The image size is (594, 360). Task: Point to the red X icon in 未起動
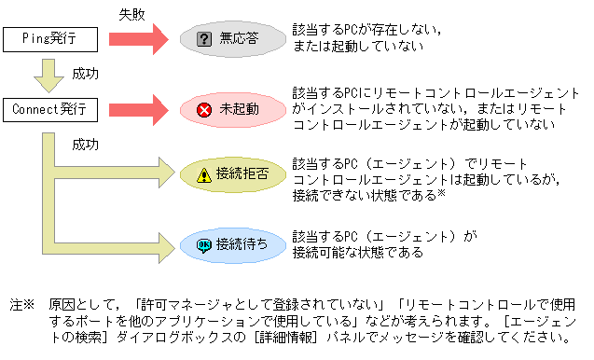coord(204,110)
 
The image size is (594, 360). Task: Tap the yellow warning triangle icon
coord(204,174)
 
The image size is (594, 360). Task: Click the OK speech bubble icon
coord(204,244)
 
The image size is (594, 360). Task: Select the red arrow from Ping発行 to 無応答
coord(141,39)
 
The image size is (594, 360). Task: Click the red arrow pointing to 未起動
coord(141,110)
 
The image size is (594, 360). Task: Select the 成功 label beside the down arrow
coord(85,72)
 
